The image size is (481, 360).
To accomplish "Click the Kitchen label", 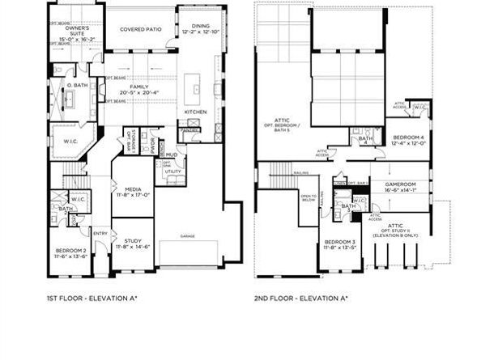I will pos(196,112).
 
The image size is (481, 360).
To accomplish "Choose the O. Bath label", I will pos(77,85).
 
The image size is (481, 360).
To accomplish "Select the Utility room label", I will pos(173,172).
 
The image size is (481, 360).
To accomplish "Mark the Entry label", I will pos(100,234).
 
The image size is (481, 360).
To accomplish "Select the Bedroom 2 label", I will pos(71,252).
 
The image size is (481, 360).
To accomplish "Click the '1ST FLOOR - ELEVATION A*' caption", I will pos(92,299).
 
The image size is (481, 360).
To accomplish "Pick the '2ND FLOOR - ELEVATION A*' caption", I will pos(300,299).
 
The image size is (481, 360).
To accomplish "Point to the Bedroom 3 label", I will pos(340,242).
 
